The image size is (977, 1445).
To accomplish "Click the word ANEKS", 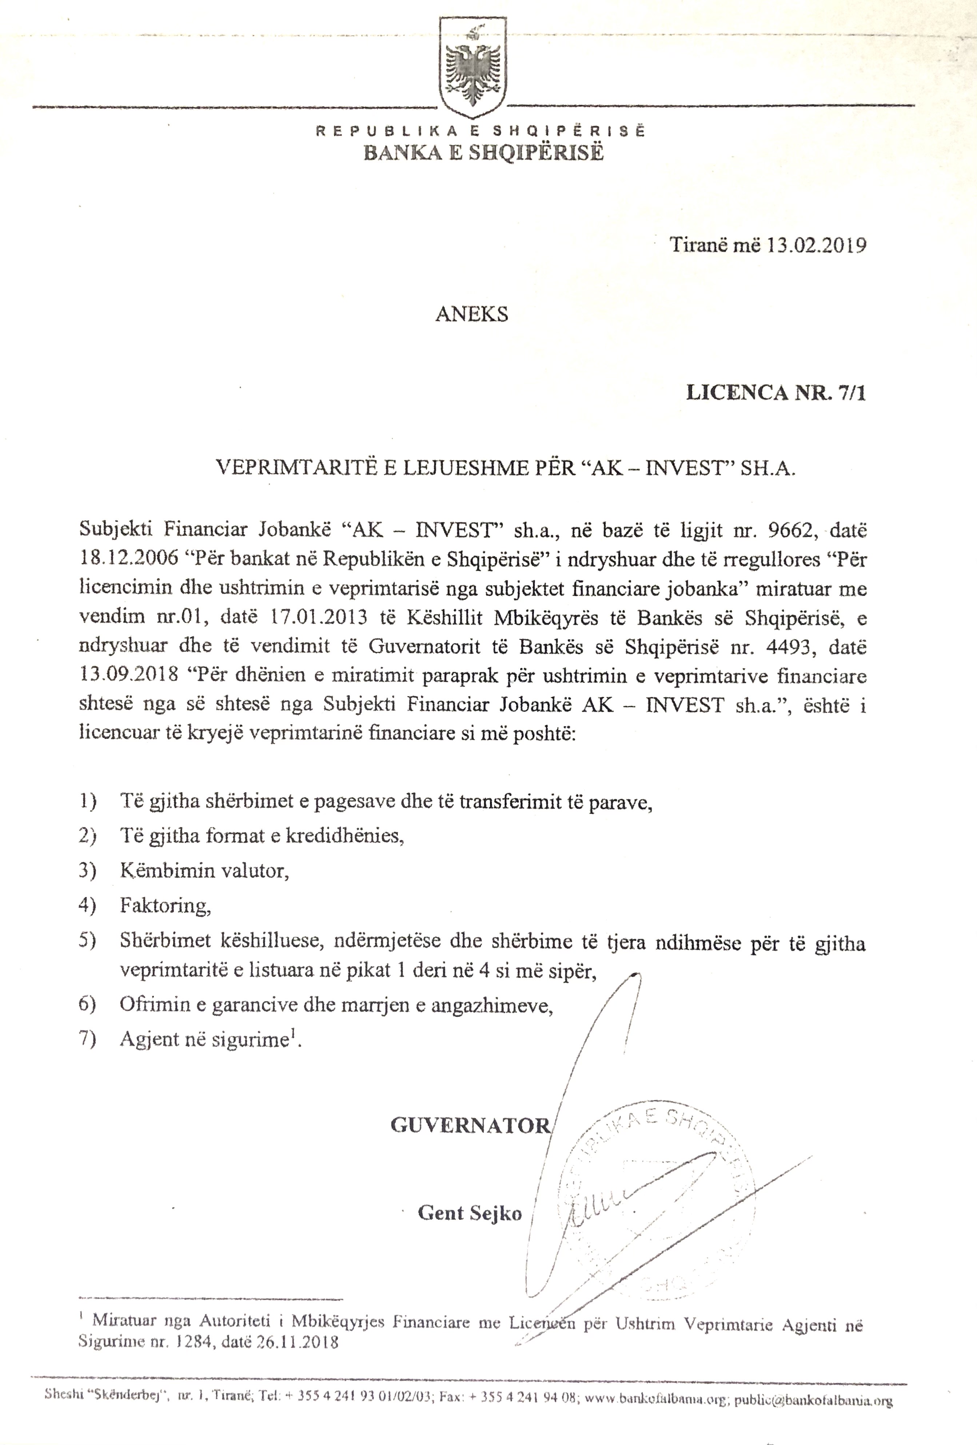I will tap(471, 314).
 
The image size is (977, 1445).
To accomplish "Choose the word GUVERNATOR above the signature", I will tap(470, 1125).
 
